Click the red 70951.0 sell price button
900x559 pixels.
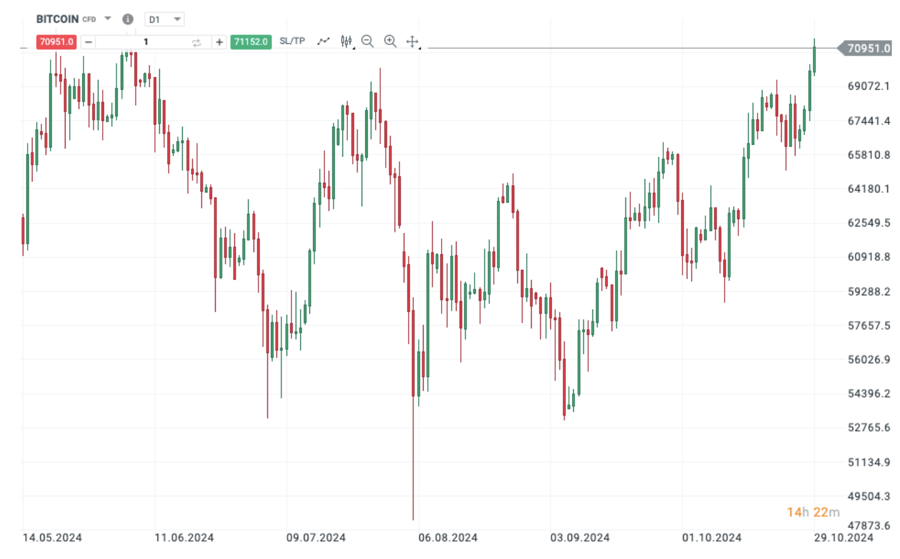coord(56,42)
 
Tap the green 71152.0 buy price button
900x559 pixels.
coord(251,42)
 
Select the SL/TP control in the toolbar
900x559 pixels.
coord(292,41)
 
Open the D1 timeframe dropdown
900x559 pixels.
coord(164,19)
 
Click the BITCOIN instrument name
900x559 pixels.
coord(57,19)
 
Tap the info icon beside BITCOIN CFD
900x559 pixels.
coord(127,19)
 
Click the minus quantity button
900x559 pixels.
coord(88,42)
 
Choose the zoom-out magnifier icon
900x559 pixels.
coord(367,41)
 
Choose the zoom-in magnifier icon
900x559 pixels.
coord(390,41)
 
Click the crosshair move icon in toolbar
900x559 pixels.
coord(412,41)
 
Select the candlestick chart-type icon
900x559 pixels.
coord(346,41)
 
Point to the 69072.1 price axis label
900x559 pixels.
coord(868,87)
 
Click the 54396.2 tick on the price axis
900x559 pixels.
coord(868,394)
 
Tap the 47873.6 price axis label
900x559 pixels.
coord(868,525)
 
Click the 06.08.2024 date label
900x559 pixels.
coord(448,537)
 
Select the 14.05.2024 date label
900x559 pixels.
coord(52,537)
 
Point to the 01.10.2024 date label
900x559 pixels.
coord(711,537)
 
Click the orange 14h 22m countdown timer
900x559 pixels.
coord(813,512)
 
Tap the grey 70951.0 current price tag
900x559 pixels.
coord(868,49)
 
